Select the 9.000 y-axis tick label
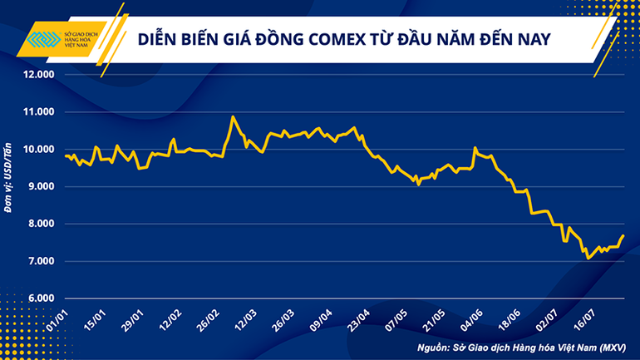[38, 187]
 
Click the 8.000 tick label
[38, 224]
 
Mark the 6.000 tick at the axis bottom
[38, 298]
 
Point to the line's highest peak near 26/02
[233, 117]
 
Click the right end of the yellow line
[623, 236]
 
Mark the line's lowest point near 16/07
[588, 259]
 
